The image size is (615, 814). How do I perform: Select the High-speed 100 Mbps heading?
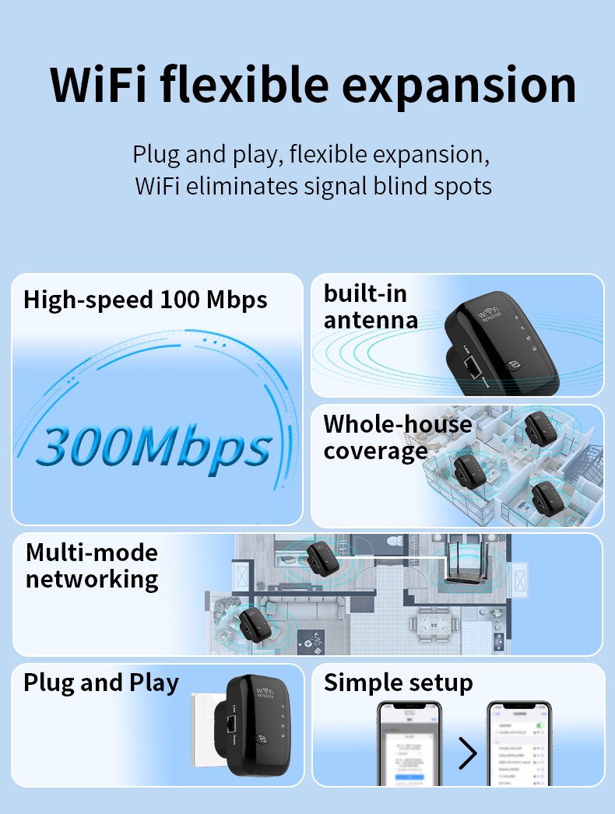tap(146, 300)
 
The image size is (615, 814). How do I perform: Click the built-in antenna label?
tap(371, 307)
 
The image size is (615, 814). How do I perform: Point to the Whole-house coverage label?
tap(397, 437)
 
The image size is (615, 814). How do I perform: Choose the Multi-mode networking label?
tap(92, 566)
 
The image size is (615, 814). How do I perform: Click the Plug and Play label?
tap(101, 682)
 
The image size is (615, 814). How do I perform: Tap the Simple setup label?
tap(398, 682)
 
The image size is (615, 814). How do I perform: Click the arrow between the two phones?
tap(467, 753)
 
